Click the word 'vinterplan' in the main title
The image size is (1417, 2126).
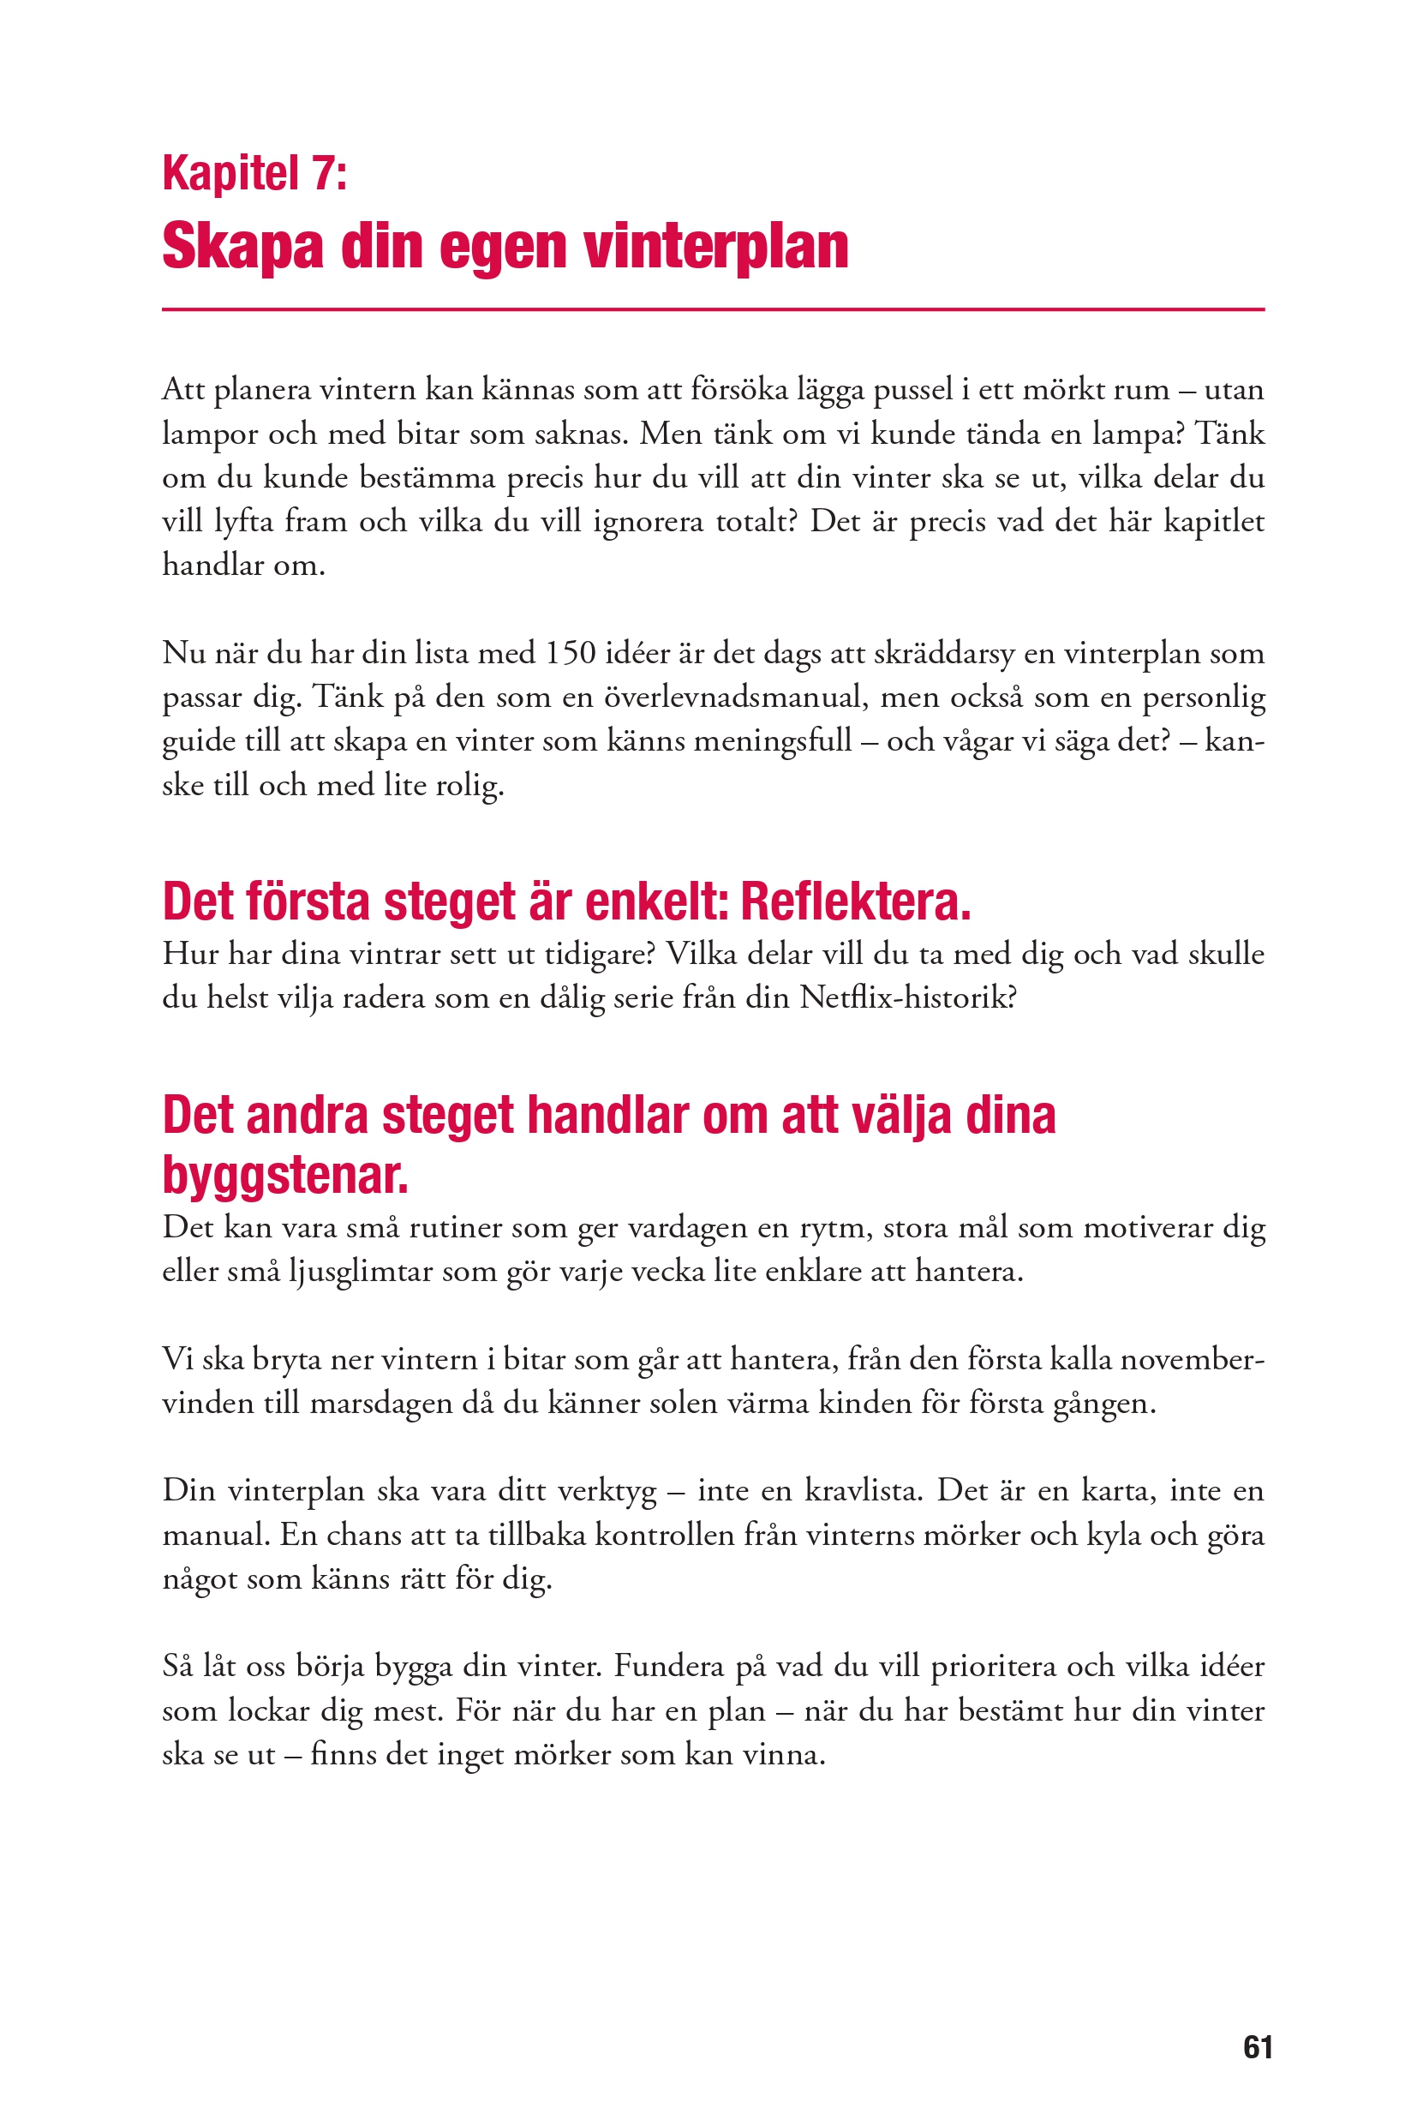715,247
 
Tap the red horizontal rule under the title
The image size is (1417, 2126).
712,309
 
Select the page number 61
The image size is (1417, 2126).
1258,2046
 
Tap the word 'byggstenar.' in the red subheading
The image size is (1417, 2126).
284,1176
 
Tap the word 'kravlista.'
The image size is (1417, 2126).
863,1490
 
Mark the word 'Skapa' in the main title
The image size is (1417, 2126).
242,247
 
